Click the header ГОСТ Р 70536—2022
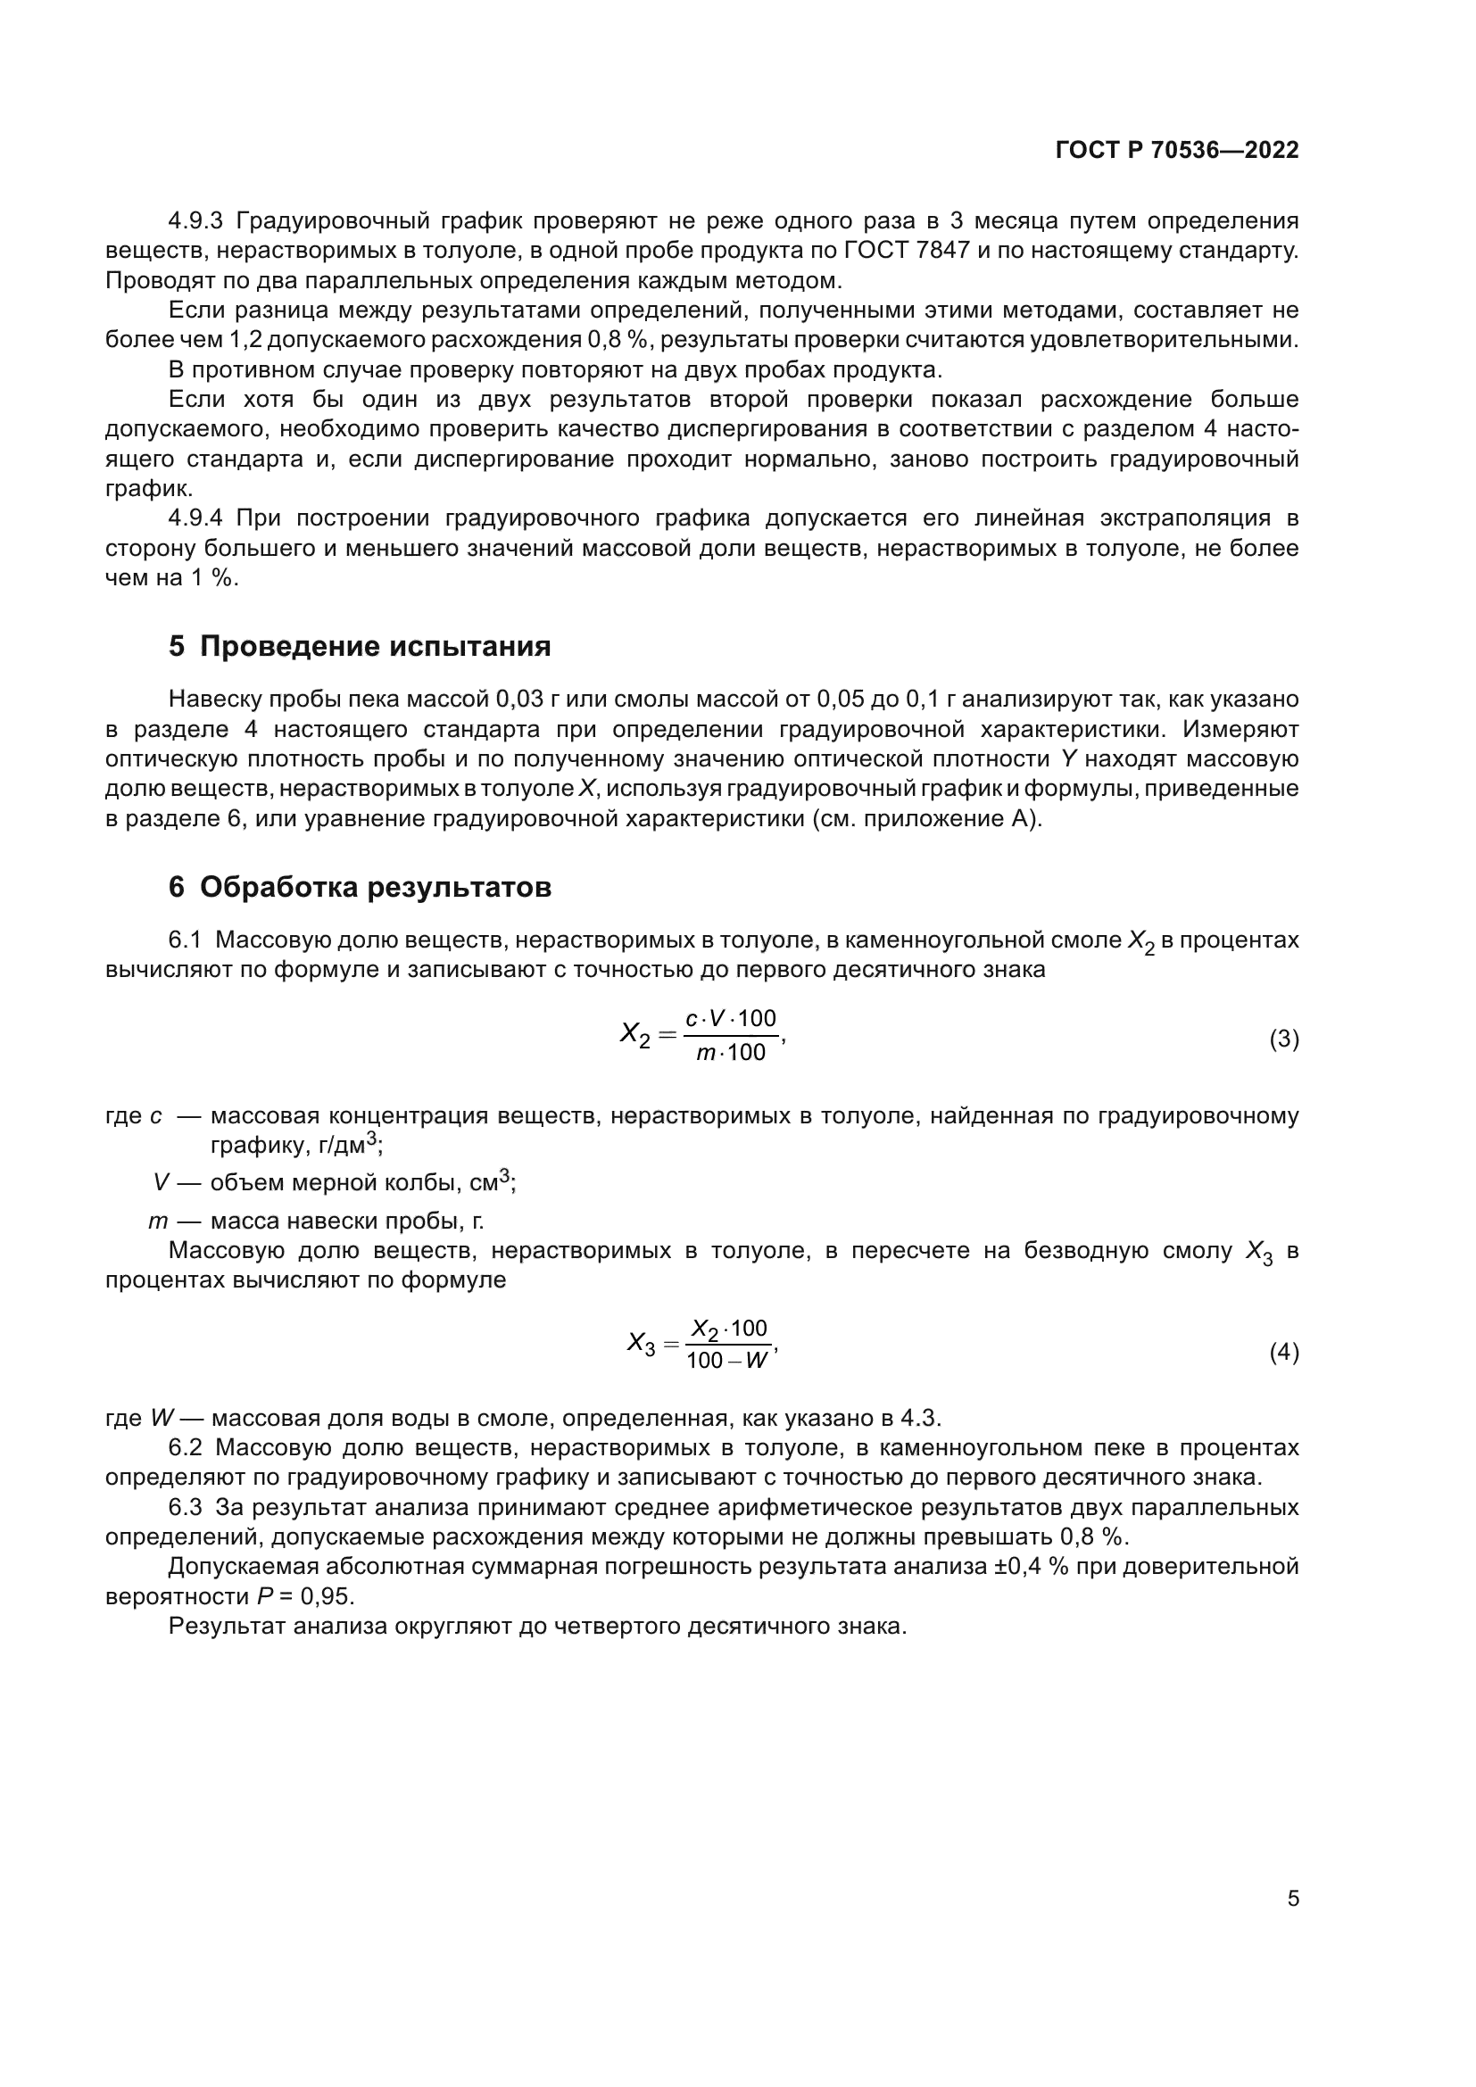click(x=1176, y=150)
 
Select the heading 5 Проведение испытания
click(x=359, y=646)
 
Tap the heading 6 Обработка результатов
click(x=359, y=886)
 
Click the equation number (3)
click(x=1283, y=1038)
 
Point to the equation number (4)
click(x=1283, y=1353)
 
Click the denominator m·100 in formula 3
click(x=731, y=1054)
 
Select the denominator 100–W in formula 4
click(x=727, y=1362)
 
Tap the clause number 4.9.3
click(x=195, y=221)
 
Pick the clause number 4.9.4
click(x=195, y=518)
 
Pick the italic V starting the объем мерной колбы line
click(x=161, y=1182)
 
